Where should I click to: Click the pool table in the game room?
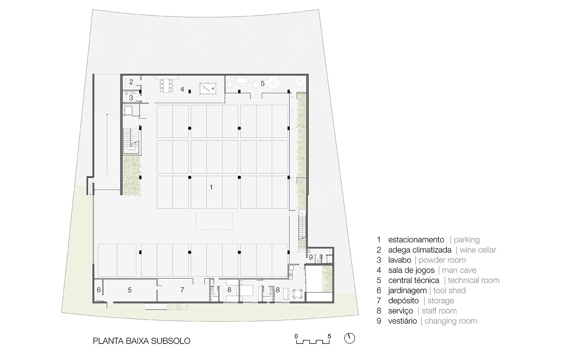pos(208,89)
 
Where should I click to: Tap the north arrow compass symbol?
pos(349,338)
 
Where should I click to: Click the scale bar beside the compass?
pos(313,341)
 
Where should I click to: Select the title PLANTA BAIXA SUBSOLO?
pos(142,341)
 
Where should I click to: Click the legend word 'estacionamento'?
pos(416,240)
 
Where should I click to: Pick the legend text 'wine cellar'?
pos(478,250)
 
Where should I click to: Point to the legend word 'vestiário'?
pos(402,321)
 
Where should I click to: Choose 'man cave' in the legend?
pos(459,270)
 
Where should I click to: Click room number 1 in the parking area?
pos(211,187)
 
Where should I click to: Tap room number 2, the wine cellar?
pos(131,82)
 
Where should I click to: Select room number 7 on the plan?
pos(182,289)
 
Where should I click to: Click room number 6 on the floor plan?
pos(99,290)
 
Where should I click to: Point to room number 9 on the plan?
pos(311,257)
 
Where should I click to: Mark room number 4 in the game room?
pos(182,89)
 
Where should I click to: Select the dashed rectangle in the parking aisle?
pos(214,221)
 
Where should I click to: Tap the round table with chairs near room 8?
pos(297,294)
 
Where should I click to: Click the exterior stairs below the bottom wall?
pos(166,307)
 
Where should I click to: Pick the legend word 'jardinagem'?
pos(407,290)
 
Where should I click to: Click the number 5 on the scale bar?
pos(329,336)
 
